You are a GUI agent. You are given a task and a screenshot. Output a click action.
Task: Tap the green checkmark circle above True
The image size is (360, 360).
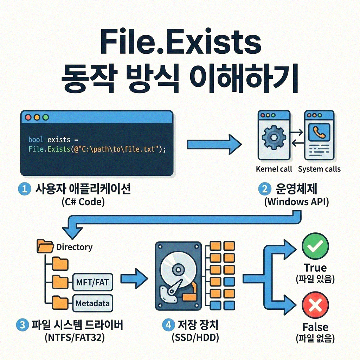(x=315, y=246)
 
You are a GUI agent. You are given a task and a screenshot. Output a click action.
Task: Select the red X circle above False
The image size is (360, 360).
(x=315, y=305)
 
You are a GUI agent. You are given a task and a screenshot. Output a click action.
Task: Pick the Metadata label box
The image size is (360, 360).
(x=92, y=303)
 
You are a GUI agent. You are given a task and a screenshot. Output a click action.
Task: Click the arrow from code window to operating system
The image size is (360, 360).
(x=213, y=144)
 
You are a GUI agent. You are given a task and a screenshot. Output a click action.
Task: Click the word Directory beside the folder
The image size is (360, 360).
(x=74, y=247)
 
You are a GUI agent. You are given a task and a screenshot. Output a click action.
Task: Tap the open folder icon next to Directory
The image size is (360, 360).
(x=45, y=246)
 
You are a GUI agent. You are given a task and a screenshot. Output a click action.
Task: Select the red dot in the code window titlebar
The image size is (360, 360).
(x=28, y=117)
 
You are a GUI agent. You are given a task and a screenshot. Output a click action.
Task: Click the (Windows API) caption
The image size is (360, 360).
(x=296, y=202)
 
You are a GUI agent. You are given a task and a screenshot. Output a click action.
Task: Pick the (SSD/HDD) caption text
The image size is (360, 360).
(x=195, y=338)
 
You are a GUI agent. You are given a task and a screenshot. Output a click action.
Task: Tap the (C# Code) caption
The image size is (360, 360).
(x=83, y=202)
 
